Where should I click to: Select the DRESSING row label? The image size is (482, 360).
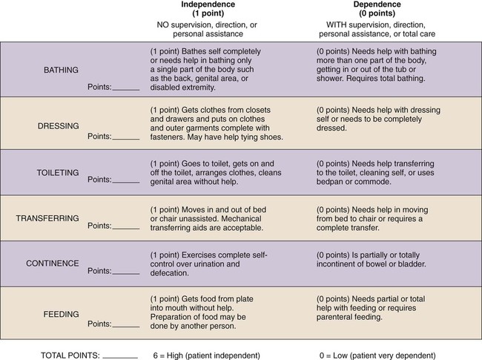(x=59, y=125)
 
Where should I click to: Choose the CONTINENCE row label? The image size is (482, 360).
(x=53, y=263)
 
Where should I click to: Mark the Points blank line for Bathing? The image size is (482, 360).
(x=126, y=88)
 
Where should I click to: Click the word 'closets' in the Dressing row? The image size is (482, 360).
(x=256, y=108)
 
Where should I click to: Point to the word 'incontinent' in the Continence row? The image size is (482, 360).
(x=337, y=264)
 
